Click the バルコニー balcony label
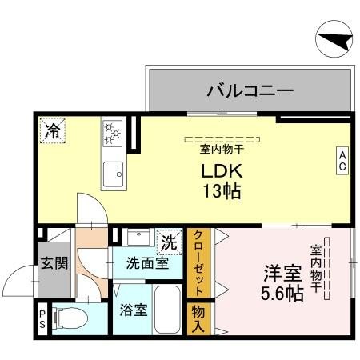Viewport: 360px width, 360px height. click(x=249, y=90)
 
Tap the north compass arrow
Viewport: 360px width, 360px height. click(x=334, y=39)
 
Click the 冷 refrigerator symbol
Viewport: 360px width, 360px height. click(x=53, y=130)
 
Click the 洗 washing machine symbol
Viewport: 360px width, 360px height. click(x=169, y=239)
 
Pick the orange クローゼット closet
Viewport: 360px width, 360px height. click(x=198, y=262)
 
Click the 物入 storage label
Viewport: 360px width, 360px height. click(x=198, y=318)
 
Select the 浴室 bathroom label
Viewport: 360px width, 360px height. click(x=133, y=309)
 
